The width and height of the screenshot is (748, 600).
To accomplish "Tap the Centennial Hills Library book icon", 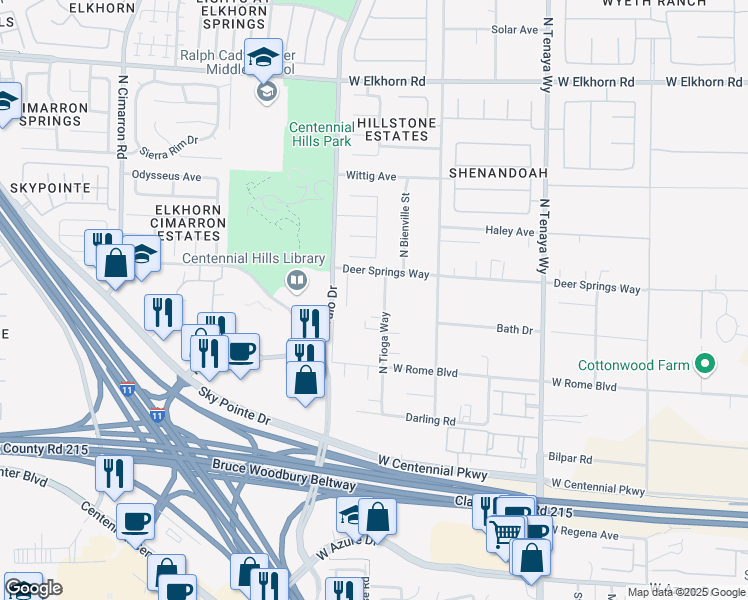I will (x=295, y=279).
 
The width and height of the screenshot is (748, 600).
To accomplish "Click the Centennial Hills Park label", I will (x=320, y=134).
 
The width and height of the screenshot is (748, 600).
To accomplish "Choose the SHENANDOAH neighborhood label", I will (x=498, y=173).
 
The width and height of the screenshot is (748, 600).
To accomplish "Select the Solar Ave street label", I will (x=515, y=30).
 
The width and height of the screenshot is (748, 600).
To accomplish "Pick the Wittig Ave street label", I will (x=372, y=177).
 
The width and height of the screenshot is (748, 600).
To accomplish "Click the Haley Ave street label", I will (x=510, y=231).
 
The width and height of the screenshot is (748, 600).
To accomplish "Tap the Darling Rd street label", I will (x=430, y=420).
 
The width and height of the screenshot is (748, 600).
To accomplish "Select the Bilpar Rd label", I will (x=571, y=459).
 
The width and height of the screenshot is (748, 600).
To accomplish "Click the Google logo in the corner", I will (x=33, y=588).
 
